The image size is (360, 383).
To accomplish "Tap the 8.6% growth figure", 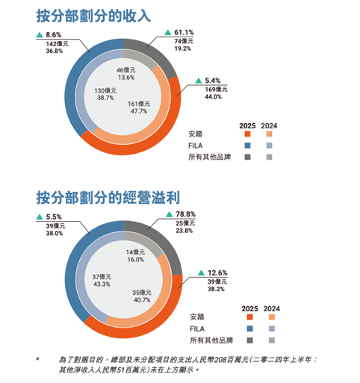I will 53,35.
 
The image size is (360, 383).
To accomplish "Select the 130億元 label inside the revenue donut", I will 104,90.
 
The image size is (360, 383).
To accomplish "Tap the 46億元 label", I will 126,69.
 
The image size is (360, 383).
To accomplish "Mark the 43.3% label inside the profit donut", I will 102,284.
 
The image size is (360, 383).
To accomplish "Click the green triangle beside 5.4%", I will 198,80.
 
